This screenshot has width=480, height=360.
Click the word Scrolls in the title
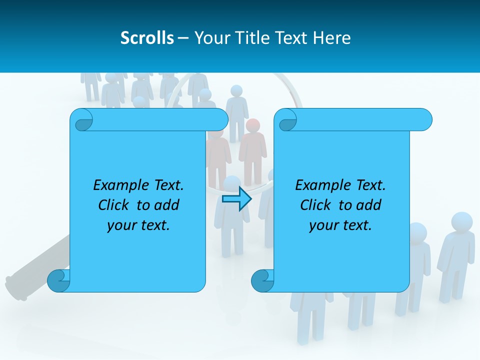[147, 38]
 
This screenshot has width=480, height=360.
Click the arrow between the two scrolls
[236, 199]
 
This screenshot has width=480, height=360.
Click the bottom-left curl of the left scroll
[58, 281]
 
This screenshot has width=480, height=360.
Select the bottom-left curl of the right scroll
[262, 281]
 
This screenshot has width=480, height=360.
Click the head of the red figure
[253, 125]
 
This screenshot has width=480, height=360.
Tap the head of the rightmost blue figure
[461, 222]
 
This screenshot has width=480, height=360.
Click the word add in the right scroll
[369, 205]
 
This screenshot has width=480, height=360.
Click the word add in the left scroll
[167, 205]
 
